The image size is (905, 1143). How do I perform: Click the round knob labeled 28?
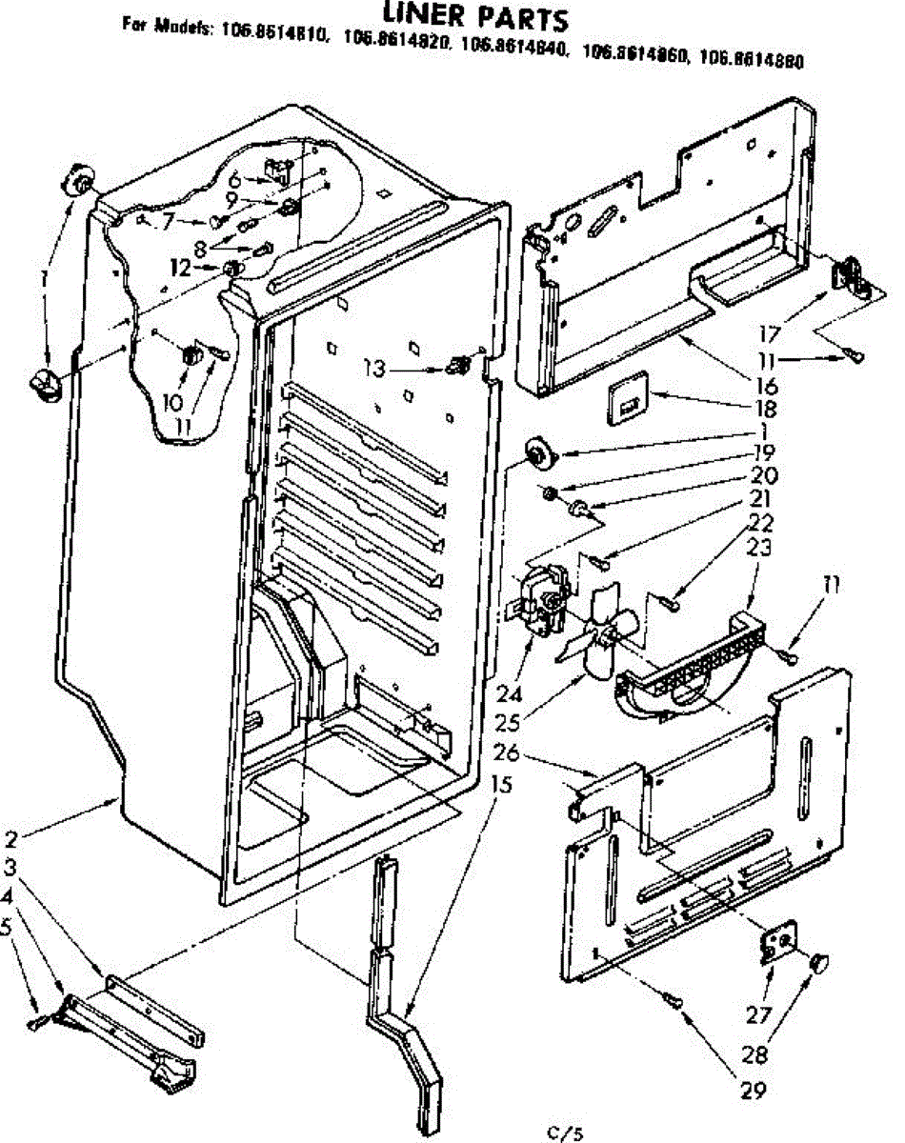[x=818, y=964]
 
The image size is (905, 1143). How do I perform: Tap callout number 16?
[x=766, y=386]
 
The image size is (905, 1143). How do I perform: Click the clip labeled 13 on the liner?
[x=460, y=365]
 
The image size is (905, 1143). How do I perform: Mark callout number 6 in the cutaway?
[x=234, y=177]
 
